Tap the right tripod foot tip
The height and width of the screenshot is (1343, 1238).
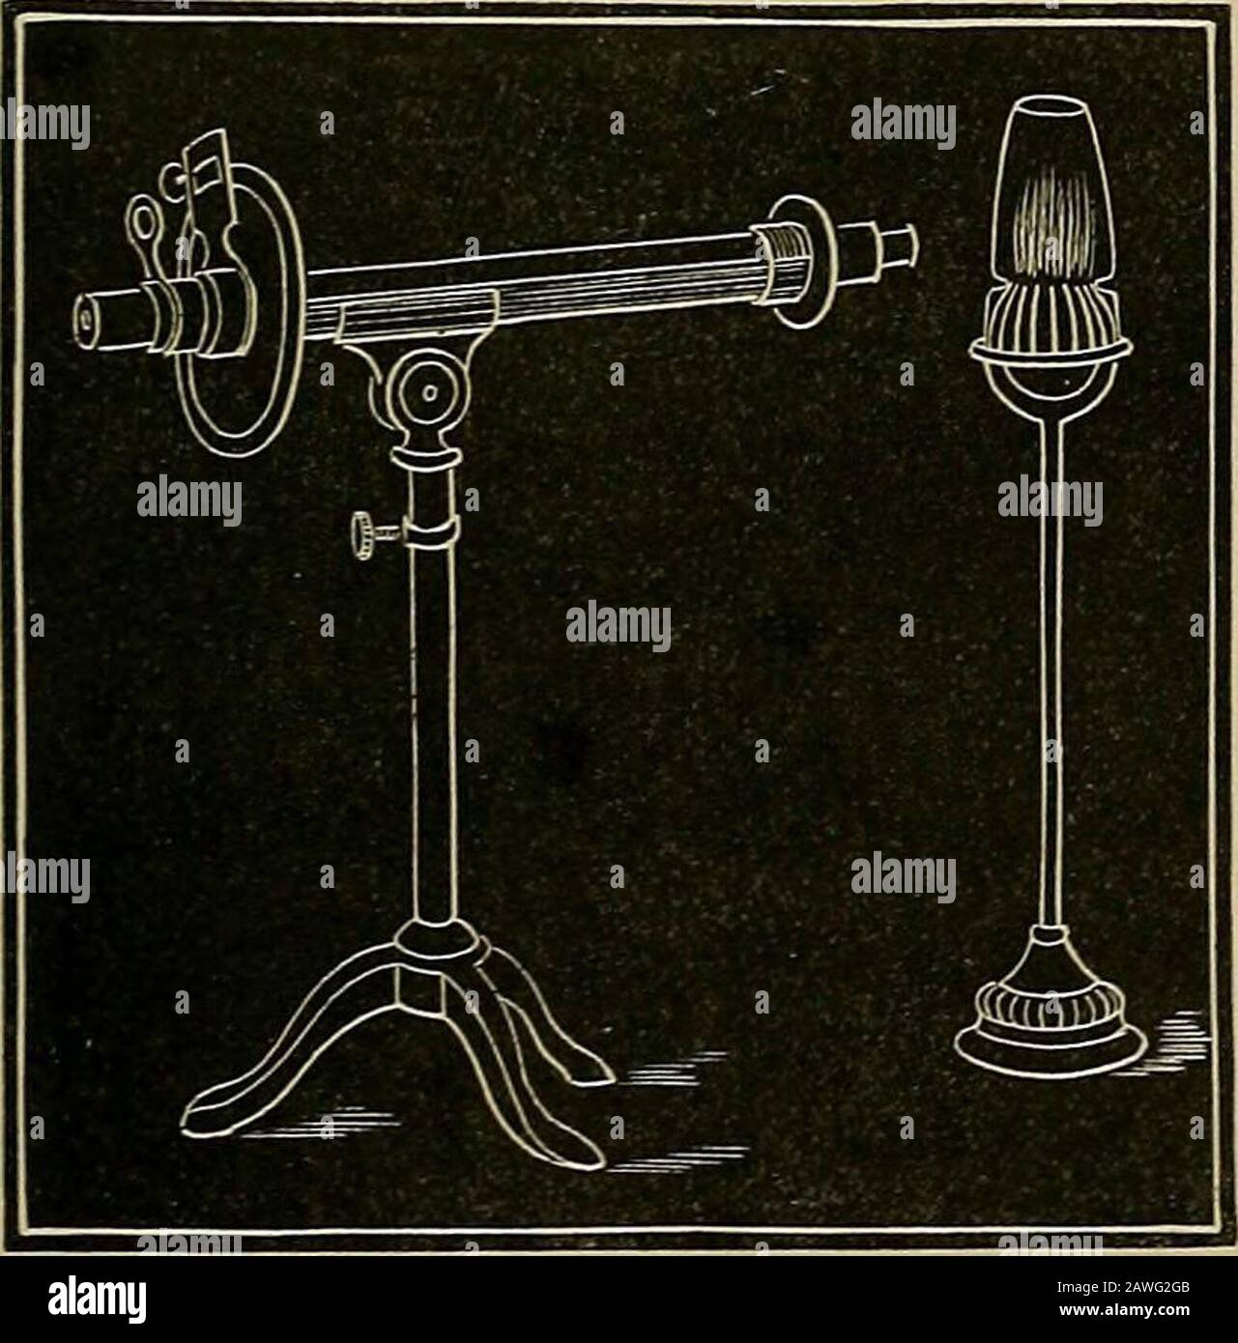pyautogui.click(x=590, y=1072)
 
